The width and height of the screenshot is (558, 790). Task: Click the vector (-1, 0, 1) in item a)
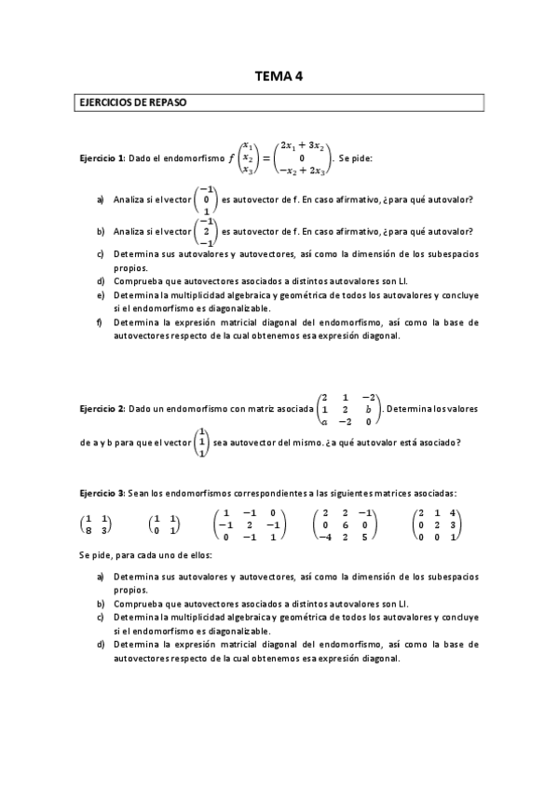point(205,199)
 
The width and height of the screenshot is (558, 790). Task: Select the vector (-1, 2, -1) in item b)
point(205,231)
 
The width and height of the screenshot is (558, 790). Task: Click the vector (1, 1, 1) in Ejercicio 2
point(201,442)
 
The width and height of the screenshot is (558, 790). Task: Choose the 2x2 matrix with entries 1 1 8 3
point(94,524)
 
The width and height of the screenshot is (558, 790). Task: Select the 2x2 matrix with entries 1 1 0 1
point(164,524)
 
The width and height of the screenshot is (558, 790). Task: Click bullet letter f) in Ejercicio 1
point(100,322)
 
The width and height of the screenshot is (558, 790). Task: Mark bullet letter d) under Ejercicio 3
point(100,644)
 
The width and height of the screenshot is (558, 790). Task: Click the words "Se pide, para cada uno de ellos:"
point(133,556)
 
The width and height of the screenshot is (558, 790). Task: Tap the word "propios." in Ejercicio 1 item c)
point(129,266)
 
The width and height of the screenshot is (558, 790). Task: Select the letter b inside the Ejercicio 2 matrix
point(370,409)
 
